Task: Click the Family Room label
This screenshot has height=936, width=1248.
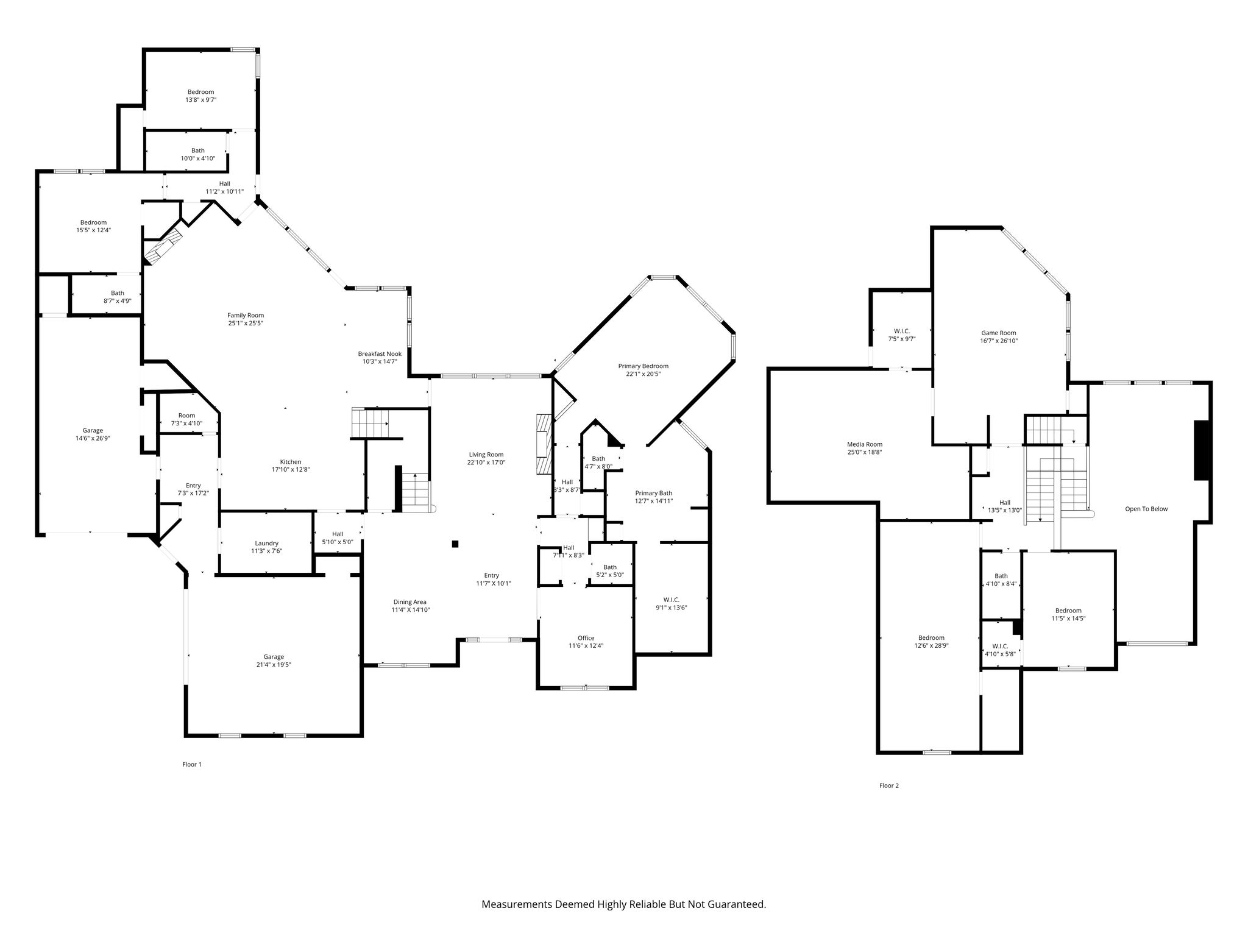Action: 246,315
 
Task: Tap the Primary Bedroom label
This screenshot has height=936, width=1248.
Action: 643,366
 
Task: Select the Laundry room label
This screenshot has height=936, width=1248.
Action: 267,543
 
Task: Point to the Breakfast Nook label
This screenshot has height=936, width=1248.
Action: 380,353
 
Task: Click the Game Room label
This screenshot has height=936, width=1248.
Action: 999,333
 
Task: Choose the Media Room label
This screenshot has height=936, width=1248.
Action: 865,444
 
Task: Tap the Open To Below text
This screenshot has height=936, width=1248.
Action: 1146,509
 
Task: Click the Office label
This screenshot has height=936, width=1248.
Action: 586,638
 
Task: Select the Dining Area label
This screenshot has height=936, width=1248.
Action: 410,602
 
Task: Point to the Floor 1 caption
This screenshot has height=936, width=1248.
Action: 192,764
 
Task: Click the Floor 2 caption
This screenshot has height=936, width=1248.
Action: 889,785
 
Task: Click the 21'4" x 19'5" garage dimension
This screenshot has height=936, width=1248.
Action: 274,665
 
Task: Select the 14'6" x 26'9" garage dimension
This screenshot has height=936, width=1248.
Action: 93,438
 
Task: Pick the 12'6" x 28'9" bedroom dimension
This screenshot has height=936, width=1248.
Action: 932,645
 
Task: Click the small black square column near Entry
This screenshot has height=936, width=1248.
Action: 455,544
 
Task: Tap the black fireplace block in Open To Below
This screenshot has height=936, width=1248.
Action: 1201,450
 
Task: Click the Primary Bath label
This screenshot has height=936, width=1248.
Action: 654,493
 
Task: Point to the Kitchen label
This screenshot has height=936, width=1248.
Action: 291,462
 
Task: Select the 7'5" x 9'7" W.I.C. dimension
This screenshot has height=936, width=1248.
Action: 902,339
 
